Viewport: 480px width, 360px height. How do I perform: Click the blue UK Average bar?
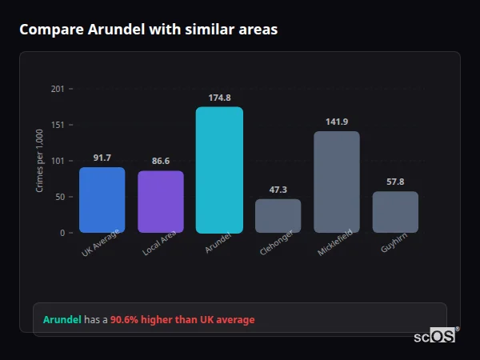click(x=102, y=200)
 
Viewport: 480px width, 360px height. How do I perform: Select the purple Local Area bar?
click(x=161, y=202)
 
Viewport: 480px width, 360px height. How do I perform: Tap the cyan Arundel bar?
click(x=219, y=170)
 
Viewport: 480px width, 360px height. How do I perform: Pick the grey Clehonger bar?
click(x=278, y=216)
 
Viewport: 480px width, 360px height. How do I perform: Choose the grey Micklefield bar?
click(x=337, y=182)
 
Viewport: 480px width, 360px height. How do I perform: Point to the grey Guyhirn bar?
click(x=395, y=212)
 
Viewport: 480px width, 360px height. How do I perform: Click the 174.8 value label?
click(x=219, y=98)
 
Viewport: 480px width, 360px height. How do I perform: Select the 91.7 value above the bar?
click(x=102, y=158)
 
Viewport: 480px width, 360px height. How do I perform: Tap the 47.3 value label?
click(x=278, y=190)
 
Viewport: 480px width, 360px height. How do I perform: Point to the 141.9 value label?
click(x=337, y=122)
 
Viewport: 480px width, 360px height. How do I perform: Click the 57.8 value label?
click(x=395, y=182)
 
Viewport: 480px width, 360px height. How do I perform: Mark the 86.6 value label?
click(x=161, y=161)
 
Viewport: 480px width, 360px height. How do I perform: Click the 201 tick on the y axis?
click(x=57, y=89)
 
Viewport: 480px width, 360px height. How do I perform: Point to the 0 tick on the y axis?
click(x=61, y=233)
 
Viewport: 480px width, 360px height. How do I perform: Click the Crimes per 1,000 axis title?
click(x=40, y=162)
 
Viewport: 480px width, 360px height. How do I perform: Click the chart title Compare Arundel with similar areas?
click(x=149, y=30)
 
